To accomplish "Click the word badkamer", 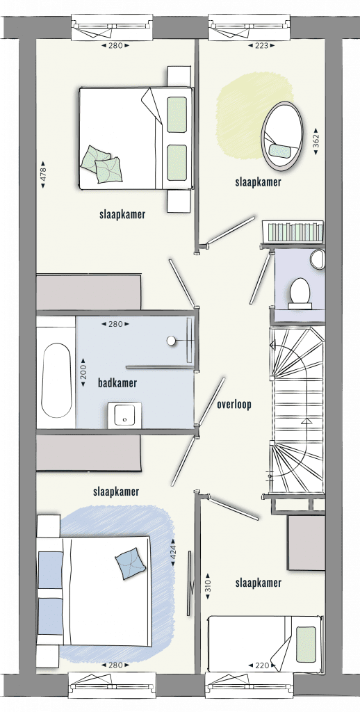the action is point(117,383).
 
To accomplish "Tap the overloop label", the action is point(234,405).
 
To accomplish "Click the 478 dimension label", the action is point(44,174).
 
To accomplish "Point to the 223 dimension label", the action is point(262,45).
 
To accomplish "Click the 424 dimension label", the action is point(173,552).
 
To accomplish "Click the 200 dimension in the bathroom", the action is point(83,373).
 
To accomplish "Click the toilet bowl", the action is point(300,293).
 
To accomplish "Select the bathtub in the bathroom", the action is point(56,380).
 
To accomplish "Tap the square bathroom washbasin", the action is point(124,415).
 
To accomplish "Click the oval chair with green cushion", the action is point(282,136).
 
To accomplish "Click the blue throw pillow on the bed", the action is point(130,563).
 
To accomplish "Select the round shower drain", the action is point(171,341).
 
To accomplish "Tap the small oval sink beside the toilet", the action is point(318,259).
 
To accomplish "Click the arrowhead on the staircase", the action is point(307,421).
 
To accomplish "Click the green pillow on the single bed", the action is point(306,645).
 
